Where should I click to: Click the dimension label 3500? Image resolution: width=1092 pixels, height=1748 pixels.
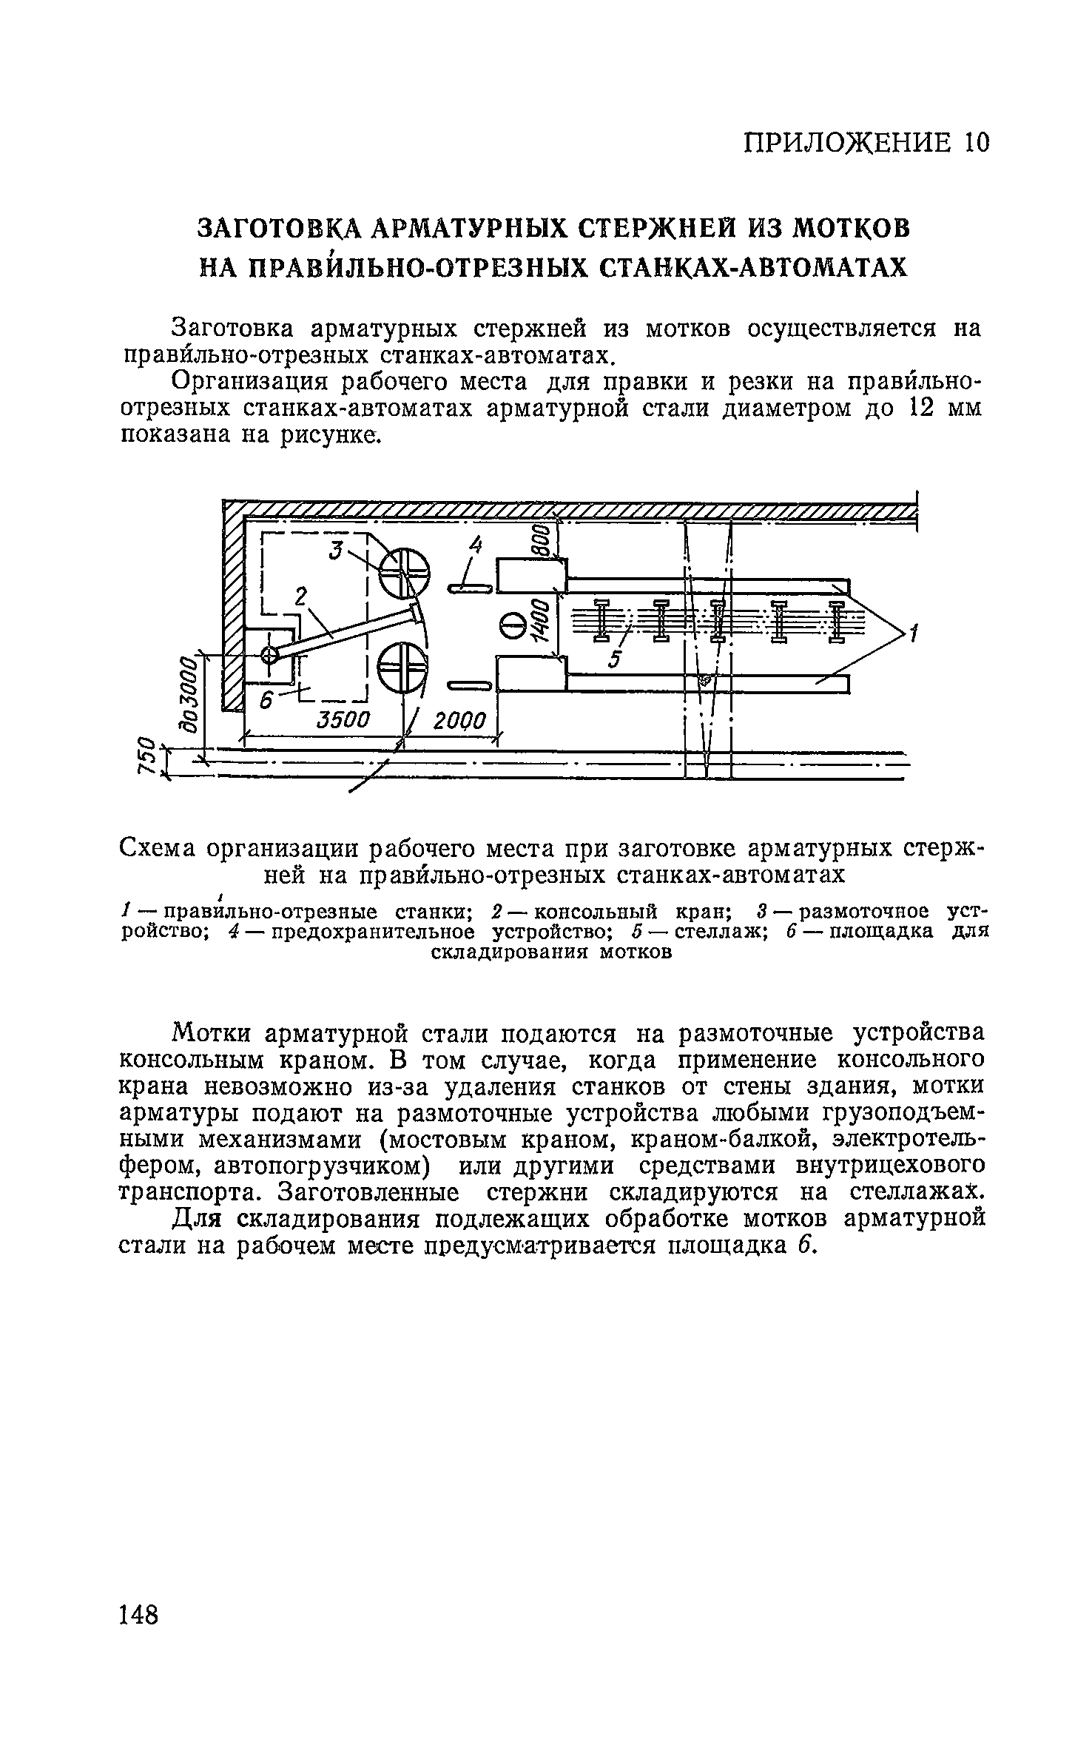(x=342, y=719)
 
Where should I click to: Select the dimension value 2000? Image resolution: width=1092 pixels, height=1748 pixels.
(x=459, y=721)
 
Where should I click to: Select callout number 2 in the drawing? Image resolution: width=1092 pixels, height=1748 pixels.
(x=300, y=596)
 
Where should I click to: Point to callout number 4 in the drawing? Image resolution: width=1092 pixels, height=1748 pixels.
(x=475, y=546)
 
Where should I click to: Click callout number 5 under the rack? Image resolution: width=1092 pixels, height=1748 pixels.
(x=613, y=659)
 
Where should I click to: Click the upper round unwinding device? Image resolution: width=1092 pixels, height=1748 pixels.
(x=404, y=572)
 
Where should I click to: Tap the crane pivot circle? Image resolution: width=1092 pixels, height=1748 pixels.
(x=269, y=653)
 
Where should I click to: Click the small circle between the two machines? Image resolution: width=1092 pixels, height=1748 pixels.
(x=511, y=627)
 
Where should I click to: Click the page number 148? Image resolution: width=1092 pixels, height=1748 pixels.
(x=138, y=1613)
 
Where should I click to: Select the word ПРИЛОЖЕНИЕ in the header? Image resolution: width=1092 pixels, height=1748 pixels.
(x=846, y=142)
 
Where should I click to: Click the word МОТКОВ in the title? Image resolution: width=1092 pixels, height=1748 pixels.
(x=851, y=228)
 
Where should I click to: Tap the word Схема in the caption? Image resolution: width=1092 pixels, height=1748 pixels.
(x=157, y=847)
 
